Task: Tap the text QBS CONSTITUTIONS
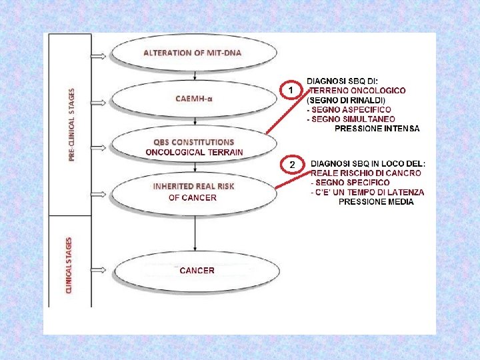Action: (x=194, y=142)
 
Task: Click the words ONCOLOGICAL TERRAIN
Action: (x=194, y=152)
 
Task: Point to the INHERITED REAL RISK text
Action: (x=193, y=187)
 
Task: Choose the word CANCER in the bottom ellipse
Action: (x=197, y=271)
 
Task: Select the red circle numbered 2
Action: (x=291, y=164)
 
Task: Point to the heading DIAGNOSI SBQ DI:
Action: (x=341, y=81)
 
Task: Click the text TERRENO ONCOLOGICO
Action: (x=357, y=91)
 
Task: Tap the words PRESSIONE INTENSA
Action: (x=377, y=128)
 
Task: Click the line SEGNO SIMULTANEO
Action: (x=350, y=119)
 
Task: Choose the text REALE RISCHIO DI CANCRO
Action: (x=366, y=173)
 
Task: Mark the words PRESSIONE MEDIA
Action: (x=376, y=201)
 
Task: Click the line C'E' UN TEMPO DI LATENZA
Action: (x=367, y=192)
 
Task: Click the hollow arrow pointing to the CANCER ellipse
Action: (x=97, y=271)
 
